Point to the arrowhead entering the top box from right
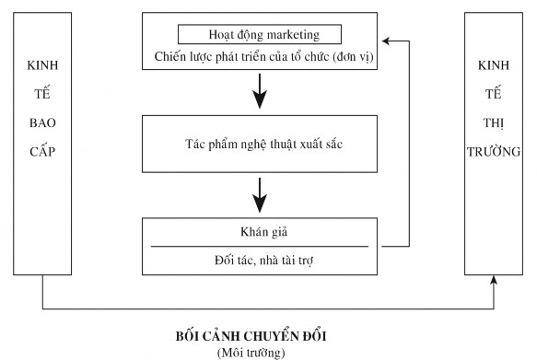[x=387, y=41]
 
